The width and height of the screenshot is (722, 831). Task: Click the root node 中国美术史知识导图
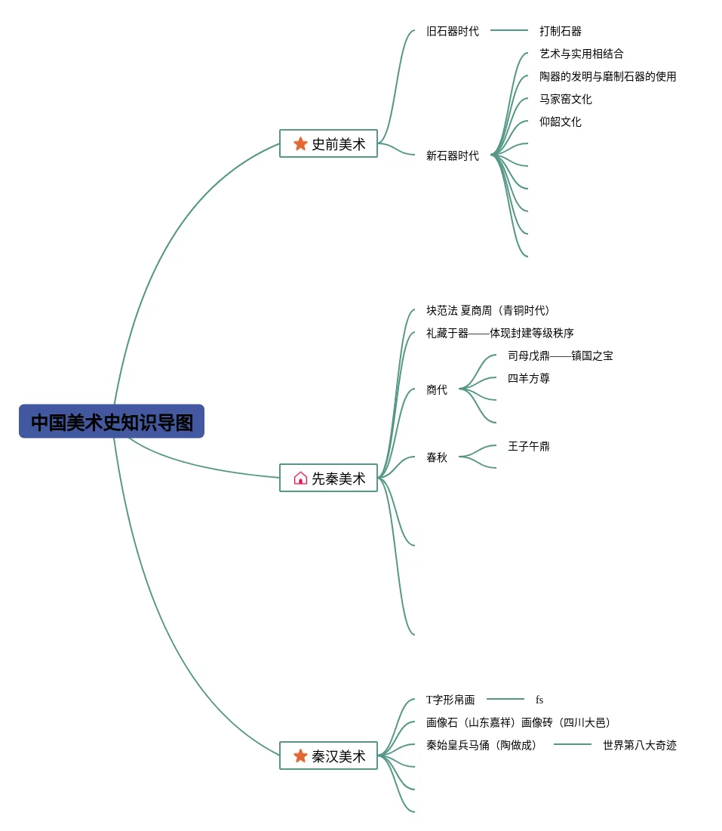[112, 421]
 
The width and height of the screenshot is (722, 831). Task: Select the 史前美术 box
[329, 143]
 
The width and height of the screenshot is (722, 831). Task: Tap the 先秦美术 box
[329, 478]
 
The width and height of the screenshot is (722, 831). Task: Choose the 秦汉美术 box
[329, 756]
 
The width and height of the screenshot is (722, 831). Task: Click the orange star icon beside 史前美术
[300, 143]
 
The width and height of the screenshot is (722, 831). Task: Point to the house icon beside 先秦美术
[300, 478]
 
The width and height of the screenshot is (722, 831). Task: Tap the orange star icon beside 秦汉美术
[300, 756]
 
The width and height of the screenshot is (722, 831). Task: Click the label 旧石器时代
[452, 31]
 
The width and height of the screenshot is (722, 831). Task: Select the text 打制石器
[561, 31]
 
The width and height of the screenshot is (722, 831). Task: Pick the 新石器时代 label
[452, 155]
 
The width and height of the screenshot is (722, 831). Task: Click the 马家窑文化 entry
[566, 99]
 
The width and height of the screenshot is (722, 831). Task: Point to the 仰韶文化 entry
[561, 122]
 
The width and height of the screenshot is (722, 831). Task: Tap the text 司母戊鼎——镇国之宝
[560, 355]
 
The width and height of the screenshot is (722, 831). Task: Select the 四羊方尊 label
[529, 378]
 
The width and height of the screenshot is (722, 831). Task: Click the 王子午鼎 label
[529, 446]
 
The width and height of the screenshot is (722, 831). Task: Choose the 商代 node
[437, 389]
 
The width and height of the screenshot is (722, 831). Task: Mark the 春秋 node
[437, 457]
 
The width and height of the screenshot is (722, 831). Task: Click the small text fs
[539, 700]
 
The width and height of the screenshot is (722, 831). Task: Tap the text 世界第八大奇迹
[640, 745]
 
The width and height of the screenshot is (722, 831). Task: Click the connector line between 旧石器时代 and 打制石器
[509, 30]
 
